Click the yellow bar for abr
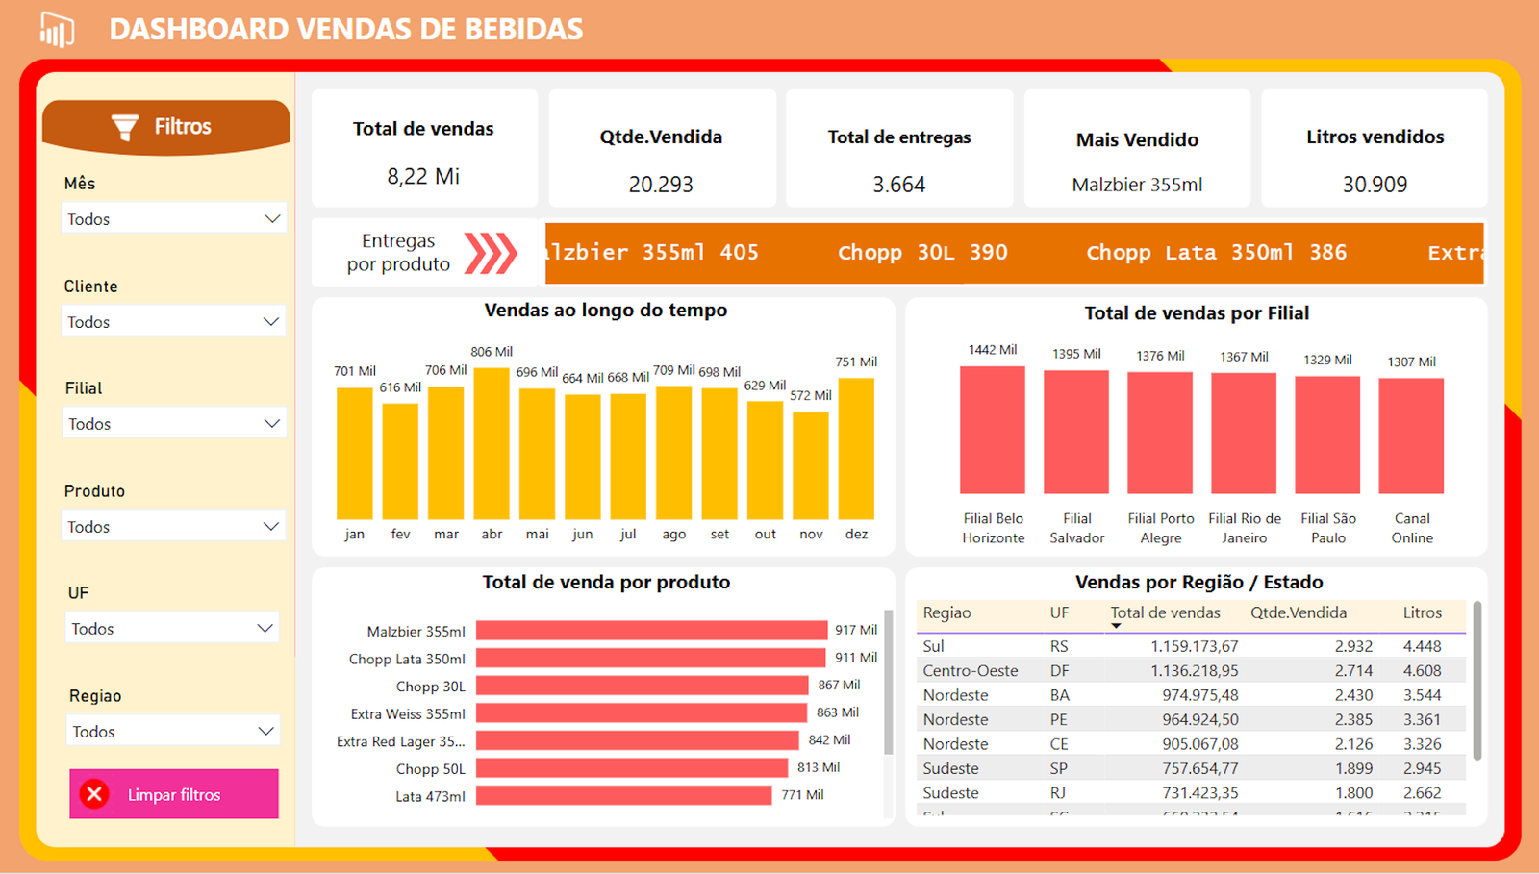click(492, 444)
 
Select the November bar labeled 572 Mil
click(811, 466)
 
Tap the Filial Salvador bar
click(1076, 433)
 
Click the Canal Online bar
click(1411, 436)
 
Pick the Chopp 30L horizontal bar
click(642, 686)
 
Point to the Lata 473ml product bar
click(623, 795)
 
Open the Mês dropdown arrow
click(272, 218)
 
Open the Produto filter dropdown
click(173, 526)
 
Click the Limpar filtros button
click(174, 794)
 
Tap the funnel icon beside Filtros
click(125, 127)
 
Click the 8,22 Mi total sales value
click(423, 176)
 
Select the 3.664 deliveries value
click(898, 184)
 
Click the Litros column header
click(1422, 612)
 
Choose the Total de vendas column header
click(1165, 612)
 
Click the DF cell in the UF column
click(1059, 670)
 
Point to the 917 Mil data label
click(856, 630)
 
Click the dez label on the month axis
click(856, 534)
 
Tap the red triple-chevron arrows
click(491, 253)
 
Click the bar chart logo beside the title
click(57, 30)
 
